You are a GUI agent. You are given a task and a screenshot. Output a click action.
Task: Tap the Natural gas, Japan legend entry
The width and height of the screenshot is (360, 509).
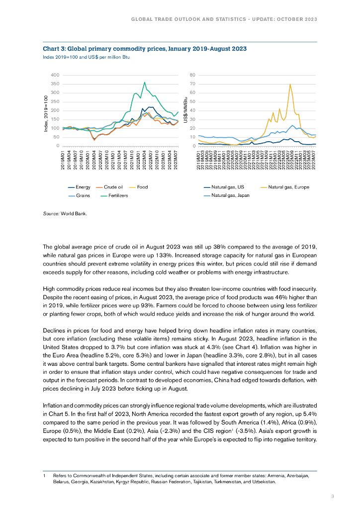point(230,195)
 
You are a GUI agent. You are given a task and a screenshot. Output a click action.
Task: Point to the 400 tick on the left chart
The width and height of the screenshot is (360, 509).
point(54,75)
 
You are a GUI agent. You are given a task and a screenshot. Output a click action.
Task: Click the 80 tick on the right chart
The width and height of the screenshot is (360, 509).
point(192,75)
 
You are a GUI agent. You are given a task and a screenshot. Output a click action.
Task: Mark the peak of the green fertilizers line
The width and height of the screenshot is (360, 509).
point(145,83)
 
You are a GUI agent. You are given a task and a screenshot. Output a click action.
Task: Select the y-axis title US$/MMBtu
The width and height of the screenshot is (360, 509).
point(185,110)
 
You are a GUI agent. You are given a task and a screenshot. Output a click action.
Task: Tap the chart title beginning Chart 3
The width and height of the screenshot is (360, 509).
point(144,49)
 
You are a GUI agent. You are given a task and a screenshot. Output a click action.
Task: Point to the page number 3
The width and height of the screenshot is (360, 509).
point(333,496)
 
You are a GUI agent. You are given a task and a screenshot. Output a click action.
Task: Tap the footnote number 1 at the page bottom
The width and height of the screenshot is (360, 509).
point(45,476)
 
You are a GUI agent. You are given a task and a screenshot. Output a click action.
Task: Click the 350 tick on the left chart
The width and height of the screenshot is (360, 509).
point(54,84)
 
